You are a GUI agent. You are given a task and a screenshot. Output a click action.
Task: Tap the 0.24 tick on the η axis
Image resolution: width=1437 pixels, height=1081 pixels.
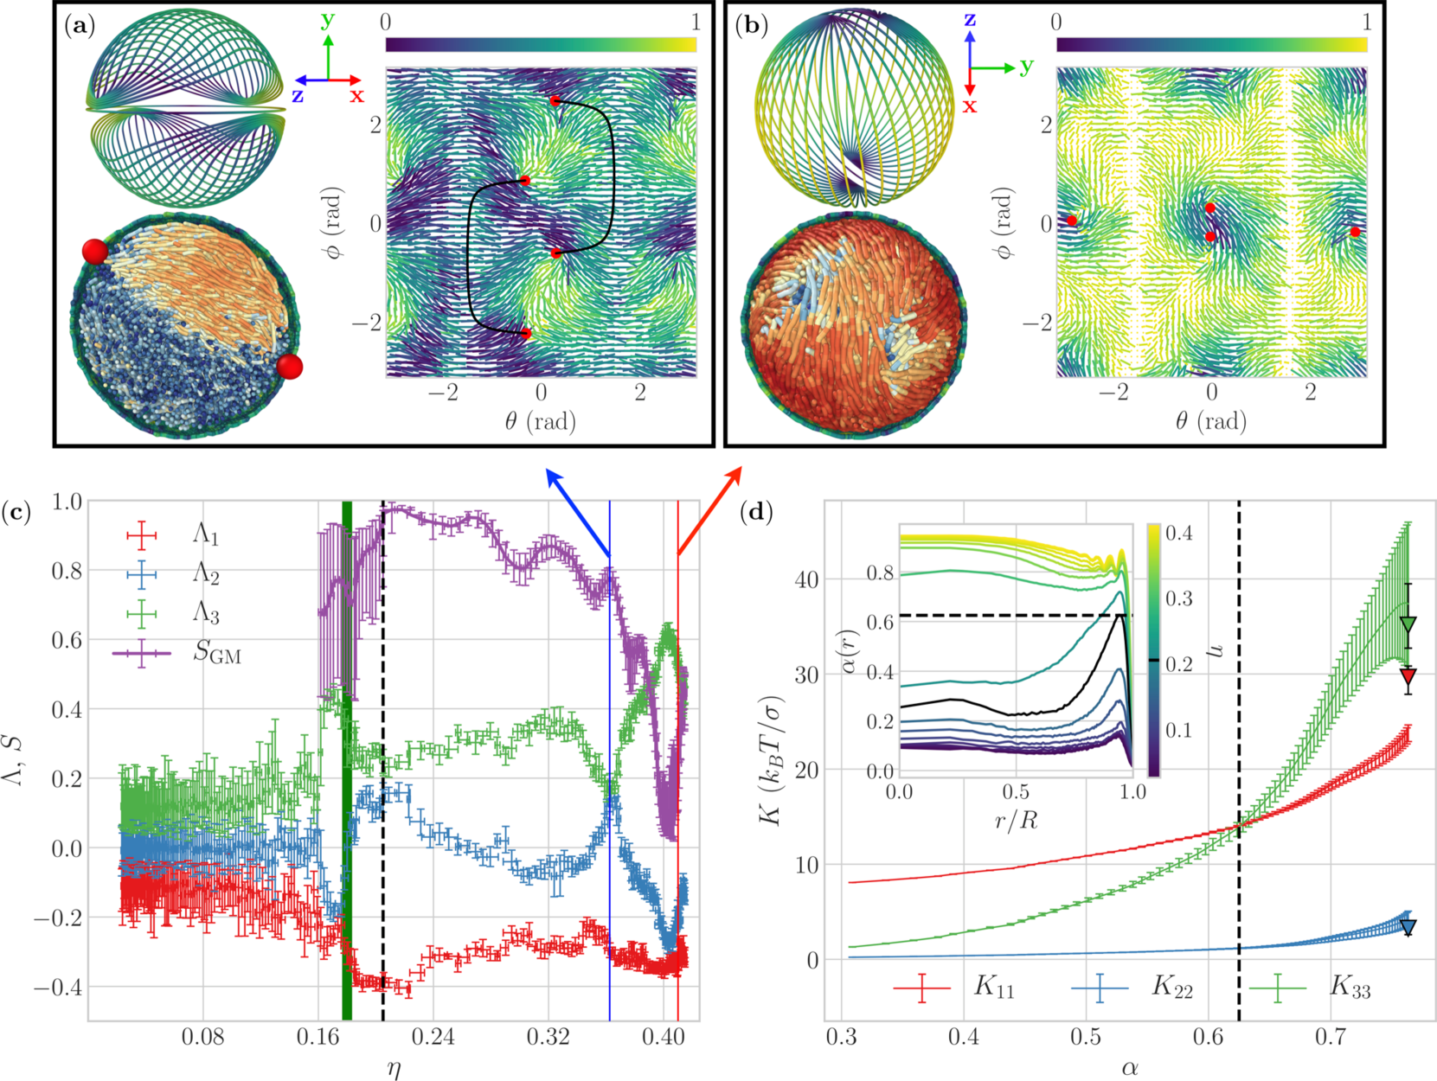[433, 1036]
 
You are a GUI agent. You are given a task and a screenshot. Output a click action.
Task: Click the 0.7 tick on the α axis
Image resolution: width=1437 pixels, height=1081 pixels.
[1331, 1036]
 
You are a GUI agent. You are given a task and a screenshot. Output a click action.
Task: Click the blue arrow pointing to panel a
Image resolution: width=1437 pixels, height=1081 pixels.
[576, 511]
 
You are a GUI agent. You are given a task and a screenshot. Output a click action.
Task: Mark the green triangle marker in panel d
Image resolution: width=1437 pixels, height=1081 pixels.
[1408, 624]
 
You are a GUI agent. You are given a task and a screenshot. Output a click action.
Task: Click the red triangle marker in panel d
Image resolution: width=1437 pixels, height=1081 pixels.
[1408, 676]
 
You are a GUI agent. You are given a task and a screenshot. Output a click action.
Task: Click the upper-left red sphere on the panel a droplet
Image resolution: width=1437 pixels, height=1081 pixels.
[95, 252]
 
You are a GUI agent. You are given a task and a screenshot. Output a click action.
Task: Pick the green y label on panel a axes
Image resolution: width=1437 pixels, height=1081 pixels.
[328, 19]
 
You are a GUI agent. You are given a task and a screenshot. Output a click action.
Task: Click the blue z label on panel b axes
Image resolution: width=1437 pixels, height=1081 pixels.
[970, 19]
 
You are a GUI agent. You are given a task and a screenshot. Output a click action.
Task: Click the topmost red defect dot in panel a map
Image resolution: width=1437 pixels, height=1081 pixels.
[555, 101]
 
